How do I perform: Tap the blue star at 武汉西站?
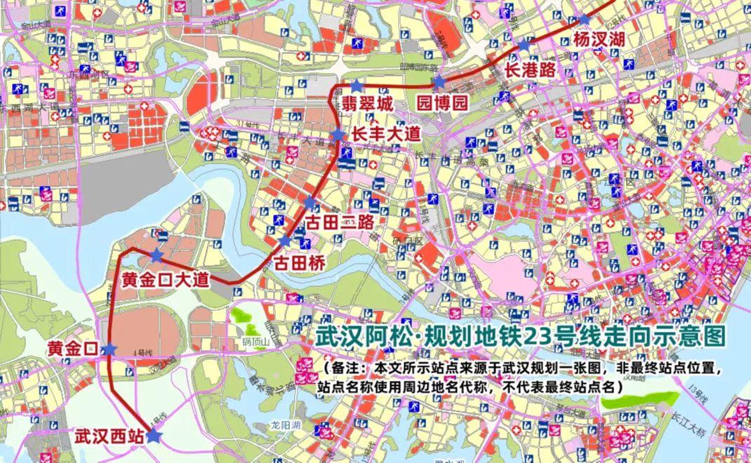[x=154, y=436]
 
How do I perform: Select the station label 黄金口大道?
[x=166, y=279]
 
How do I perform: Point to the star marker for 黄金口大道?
[x=157, y=256]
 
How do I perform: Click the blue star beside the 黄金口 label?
[x=109, y=349]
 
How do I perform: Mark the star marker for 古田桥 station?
[x=284, y=241]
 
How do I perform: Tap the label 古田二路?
[x=338, y=223]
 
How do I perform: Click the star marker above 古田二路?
[x=310, y=203]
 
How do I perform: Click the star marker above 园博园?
[x=439, y=82]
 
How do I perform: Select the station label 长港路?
[x=531, y=69]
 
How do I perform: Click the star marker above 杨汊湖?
[x=584, y=20]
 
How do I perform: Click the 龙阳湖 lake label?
[x=286, y=426]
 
